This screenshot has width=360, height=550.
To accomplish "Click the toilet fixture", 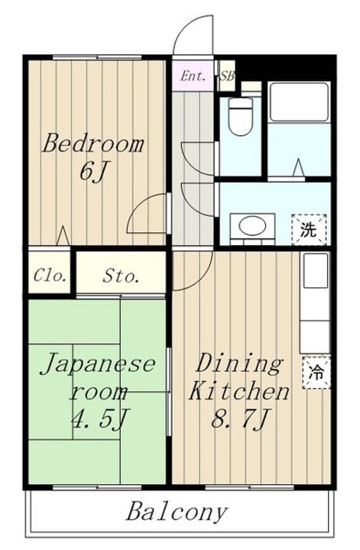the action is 240,117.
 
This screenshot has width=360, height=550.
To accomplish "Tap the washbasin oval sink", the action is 252,225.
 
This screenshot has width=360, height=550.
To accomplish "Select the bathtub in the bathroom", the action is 299,102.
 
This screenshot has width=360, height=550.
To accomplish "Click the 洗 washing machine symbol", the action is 309,230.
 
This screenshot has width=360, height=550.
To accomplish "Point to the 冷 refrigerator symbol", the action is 316,373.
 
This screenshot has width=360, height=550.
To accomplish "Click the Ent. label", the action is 193,76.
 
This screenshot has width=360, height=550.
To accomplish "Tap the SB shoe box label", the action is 227,76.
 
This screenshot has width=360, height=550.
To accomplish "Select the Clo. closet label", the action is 50,276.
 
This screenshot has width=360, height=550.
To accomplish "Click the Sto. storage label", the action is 121,277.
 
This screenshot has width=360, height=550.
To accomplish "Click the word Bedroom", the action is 93,144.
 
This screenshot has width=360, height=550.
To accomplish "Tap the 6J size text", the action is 92,173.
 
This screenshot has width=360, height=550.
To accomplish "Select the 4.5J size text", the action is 99,418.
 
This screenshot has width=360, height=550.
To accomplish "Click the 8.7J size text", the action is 240,418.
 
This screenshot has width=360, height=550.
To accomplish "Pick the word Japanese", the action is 98,364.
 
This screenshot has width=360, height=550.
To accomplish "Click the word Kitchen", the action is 239,391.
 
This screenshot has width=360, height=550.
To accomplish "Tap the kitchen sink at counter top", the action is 316,270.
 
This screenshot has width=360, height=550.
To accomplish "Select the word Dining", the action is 238,365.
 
